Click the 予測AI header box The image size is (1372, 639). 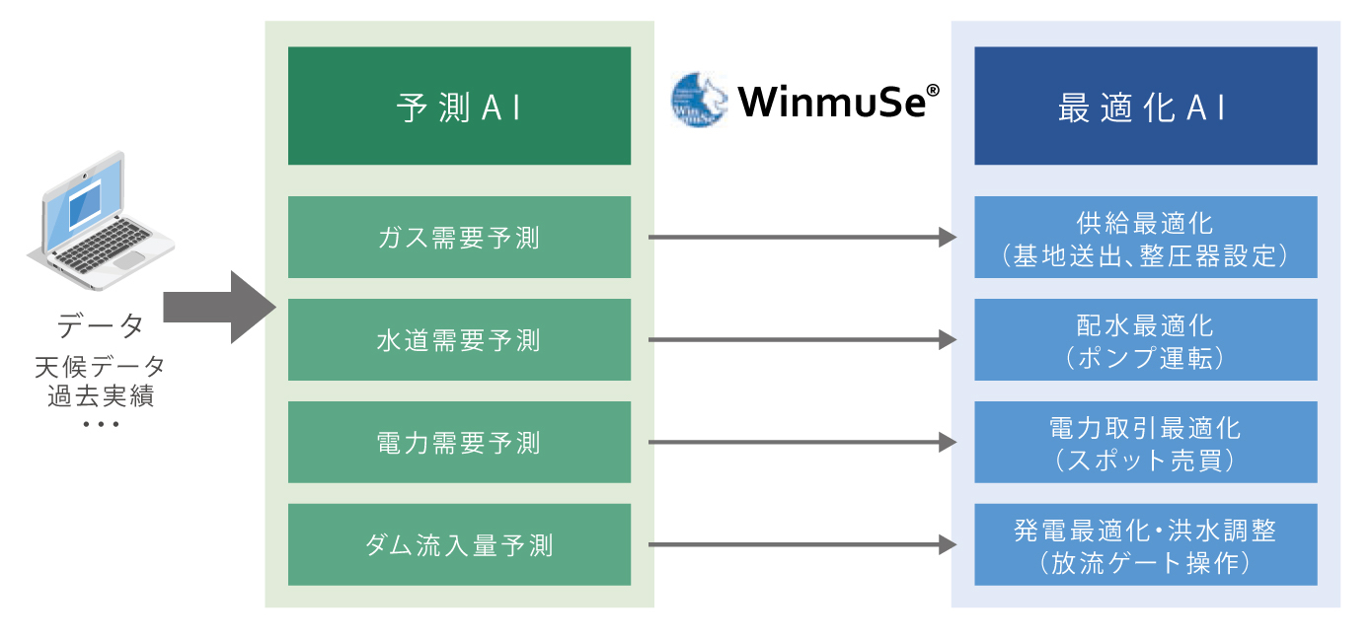459,106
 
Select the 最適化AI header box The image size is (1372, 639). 1145,106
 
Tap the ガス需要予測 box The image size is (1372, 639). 459,238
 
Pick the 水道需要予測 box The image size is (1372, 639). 459,340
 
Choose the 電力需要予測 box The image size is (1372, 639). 459,443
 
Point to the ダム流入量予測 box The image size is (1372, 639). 459,545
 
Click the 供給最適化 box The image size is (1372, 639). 1145,238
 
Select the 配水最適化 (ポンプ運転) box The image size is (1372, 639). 1145,340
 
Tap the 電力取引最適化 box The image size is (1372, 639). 1145,443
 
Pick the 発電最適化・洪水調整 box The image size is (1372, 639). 1145,545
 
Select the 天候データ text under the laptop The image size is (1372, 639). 100,367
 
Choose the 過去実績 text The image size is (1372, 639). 100,397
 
